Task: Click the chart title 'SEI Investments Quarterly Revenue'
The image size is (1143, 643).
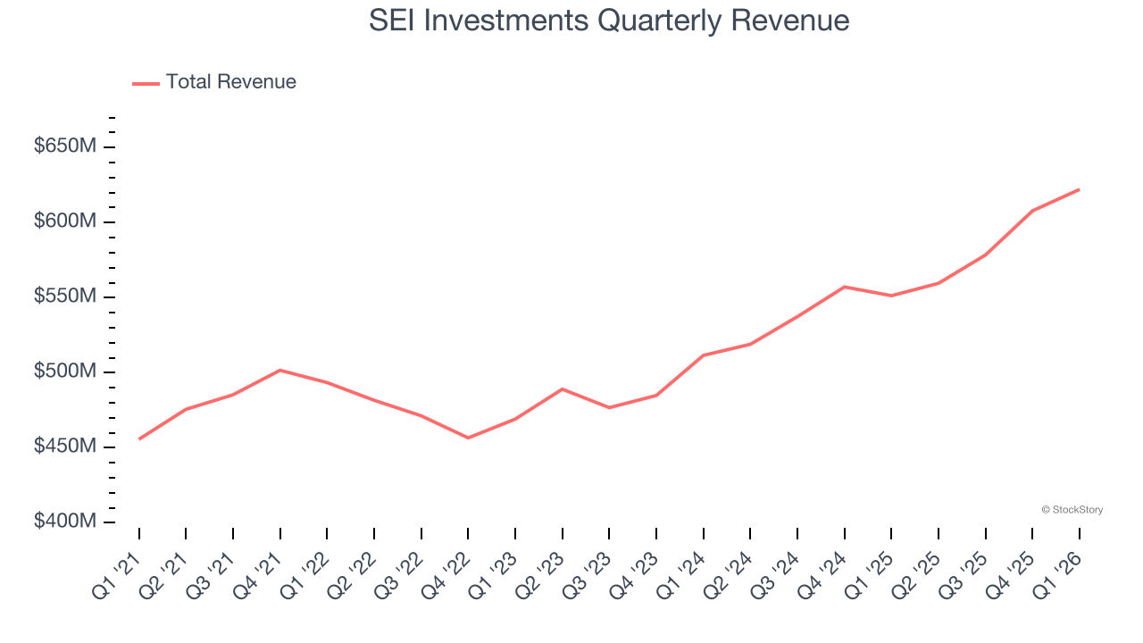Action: click(609, 20)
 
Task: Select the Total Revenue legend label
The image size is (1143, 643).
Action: click(230, 82)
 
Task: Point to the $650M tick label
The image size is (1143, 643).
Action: click(64, 146)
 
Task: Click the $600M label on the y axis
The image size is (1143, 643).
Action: click(64, 221)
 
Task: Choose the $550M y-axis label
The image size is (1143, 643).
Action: click(64, 296)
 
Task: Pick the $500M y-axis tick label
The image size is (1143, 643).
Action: click(64, 371)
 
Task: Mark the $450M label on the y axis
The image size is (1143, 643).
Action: click(64, 446)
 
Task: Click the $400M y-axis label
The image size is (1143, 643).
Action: click(64, 521)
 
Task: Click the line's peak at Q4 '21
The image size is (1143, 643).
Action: click(280, 370)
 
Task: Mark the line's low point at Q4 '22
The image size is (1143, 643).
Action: click(468, 438)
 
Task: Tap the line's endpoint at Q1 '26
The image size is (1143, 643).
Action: click(1079, 189)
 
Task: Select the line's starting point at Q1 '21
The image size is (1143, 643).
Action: click(139, 438)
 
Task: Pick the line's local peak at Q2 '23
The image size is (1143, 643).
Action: click(562, 389)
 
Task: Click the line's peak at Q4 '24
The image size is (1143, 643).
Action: click(844, 287)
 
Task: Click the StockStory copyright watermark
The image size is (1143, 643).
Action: click(1072, 510)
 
